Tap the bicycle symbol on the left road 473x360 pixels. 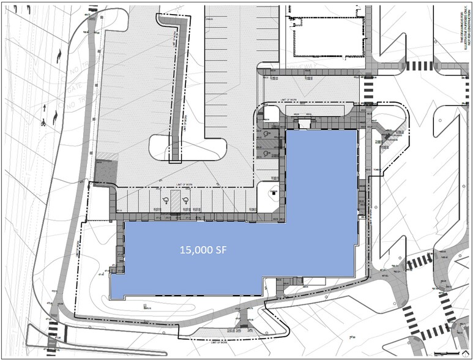point(44,122)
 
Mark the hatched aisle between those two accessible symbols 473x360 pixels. point(174,201)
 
